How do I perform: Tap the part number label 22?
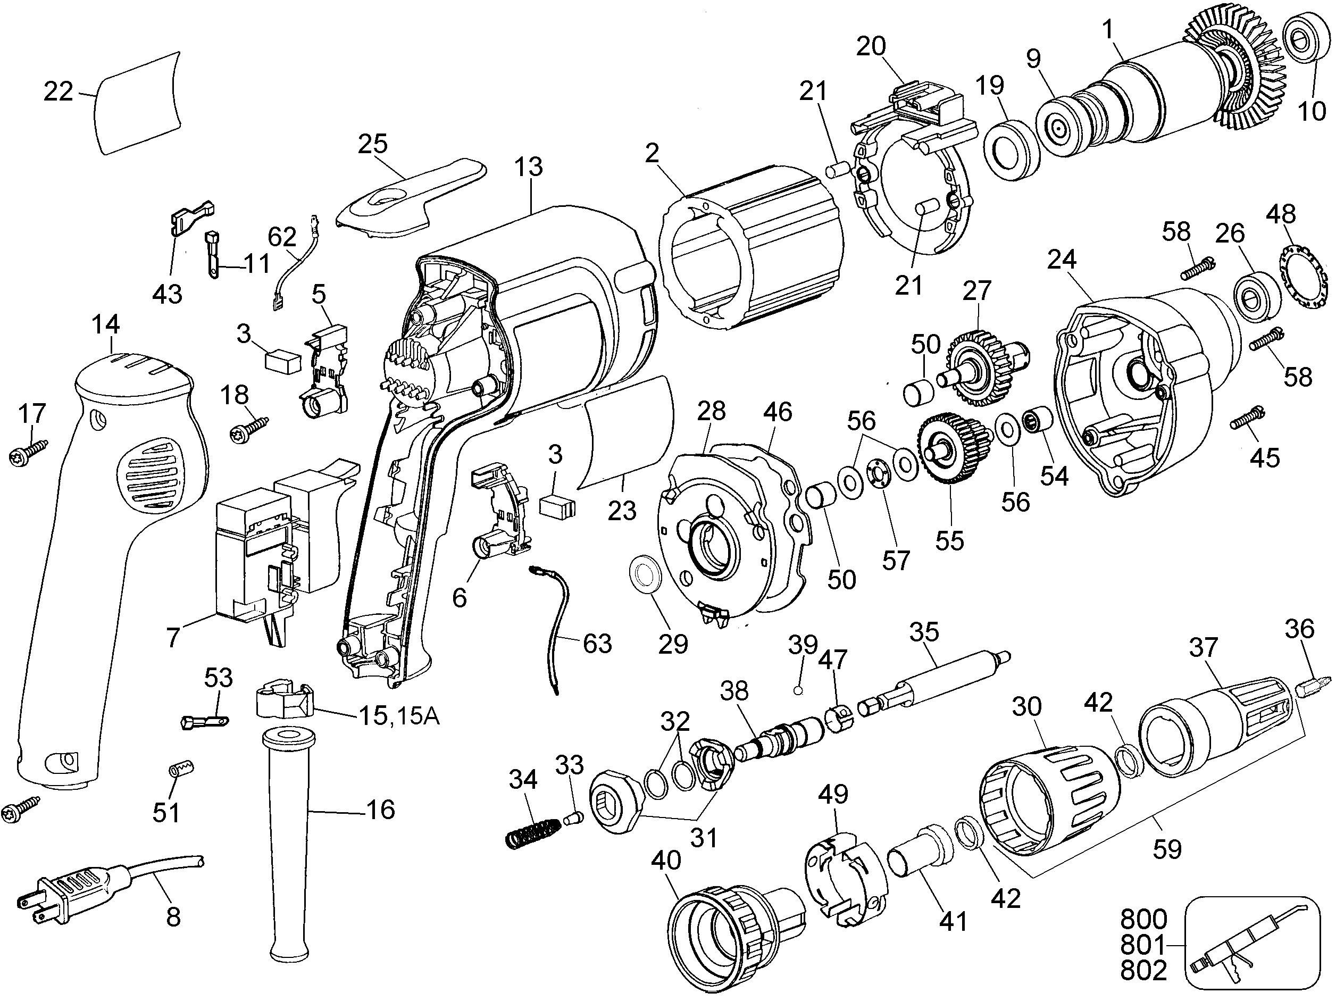tap(59, 92)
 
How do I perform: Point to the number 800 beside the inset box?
tap(1143, 919)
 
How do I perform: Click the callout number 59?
tap(1166, 849)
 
